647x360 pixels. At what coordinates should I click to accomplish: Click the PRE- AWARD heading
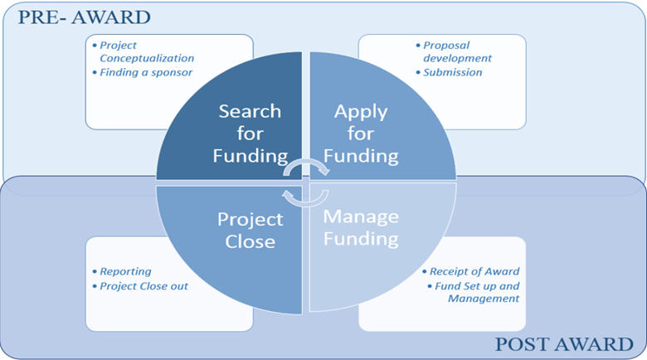(x=84, y=17)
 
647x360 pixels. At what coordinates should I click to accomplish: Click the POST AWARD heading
(x=564, y=344)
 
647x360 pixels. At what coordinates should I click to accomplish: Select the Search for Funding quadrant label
(x=250, y=134)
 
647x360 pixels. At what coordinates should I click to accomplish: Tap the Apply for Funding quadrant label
(x=361, y=134)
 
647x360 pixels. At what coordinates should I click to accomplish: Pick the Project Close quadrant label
(x=250, y=231)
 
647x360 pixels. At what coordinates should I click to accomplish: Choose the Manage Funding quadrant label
(x=361, y=227)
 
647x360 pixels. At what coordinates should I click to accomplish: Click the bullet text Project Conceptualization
(x=147, y=51)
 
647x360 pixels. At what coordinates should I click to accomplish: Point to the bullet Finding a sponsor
(x=146, y=72)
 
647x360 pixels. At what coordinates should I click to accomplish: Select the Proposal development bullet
(x=457, y=51)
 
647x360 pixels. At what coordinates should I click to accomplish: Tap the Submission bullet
(x=453, y=72)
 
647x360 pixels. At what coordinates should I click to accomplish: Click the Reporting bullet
(x=125, y=271)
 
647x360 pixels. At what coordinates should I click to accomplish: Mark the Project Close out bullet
(x=144, y=286)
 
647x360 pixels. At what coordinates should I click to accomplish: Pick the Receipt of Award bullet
(x=474, y=271)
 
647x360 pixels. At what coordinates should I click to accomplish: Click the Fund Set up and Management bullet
(x=477, y=292)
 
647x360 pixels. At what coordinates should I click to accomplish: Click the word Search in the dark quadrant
(x=250, y=111)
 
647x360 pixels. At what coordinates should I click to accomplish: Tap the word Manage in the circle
(x=361, y=216)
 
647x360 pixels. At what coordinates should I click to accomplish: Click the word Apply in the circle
(x=361, y=112)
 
